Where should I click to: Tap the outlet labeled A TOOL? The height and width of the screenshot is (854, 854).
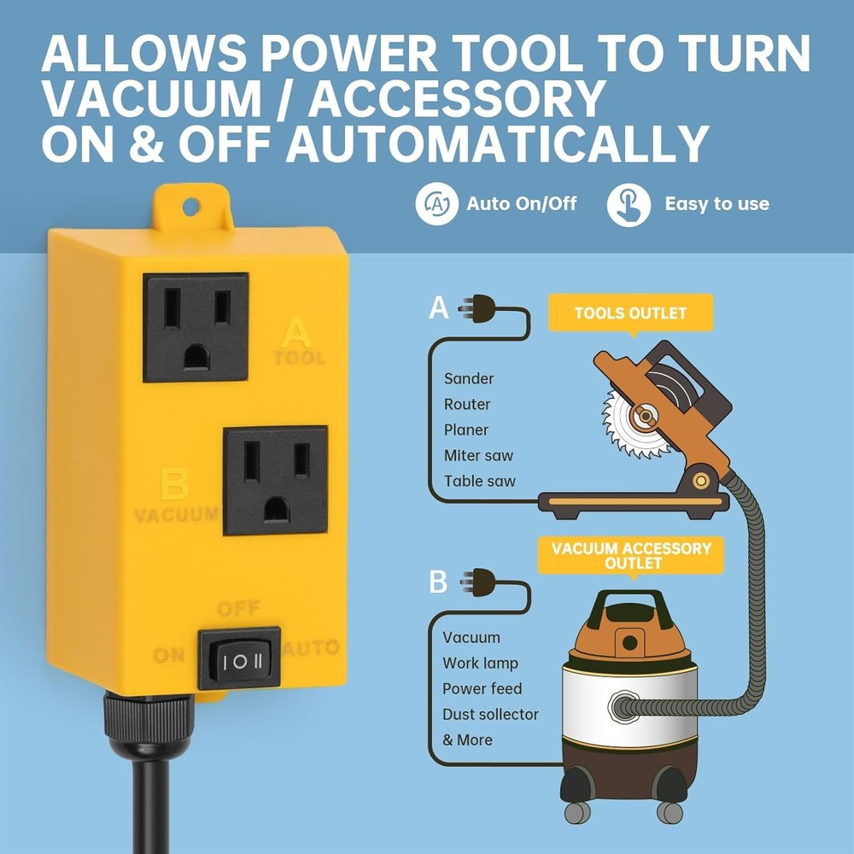coord(196,326)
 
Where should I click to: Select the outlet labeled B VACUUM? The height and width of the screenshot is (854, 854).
coord(275,480)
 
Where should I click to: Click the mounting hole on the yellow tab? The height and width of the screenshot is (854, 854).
coord(191,206)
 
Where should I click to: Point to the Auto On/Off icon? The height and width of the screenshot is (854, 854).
coord(436,204)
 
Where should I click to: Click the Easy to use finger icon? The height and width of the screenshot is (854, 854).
coord(629,205)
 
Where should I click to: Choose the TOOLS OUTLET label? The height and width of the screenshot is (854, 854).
coord(629,313)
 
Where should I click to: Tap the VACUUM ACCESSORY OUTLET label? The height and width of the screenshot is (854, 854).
coord(632,555)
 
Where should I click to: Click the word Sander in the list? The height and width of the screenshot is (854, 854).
coord(469,378)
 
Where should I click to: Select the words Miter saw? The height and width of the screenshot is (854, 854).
coord(478,455)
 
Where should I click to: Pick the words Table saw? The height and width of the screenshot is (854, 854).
coord(480,481)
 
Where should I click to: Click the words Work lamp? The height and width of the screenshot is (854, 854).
coord(480,663)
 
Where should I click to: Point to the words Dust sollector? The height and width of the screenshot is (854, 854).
coord(490,714)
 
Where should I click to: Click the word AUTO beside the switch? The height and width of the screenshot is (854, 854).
coord(311,648)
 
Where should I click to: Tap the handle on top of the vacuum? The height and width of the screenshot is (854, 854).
coord(631,605)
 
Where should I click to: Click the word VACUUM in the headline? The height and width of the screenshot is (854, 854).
coord(155,100)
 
